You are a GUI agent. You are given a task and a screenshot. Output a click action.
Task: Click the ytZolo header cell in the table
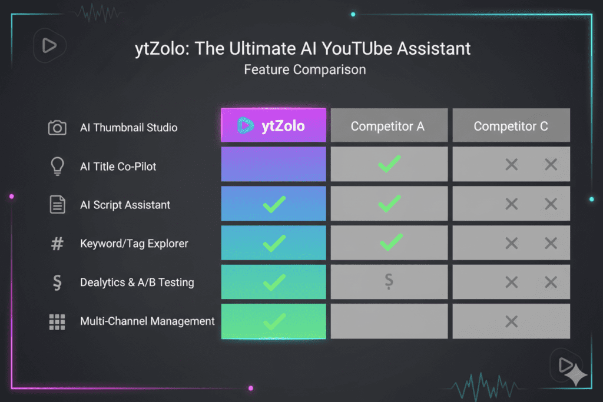coord(273,125)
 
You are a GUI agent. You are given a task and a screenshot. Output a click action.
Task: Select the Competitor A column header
coord(387,126)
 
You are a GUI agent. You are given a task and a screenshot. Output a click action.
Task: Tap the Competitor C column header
coord(511,126)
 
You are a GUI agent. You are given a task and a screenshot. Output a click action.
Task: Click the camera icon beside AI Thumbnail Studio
coord(57,128)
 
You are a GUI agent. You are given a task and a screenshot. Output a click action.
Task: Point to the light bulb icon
coord(57,167)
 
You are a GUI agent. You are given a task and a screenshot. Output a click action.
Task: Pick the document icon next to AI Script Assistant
coord(57,205)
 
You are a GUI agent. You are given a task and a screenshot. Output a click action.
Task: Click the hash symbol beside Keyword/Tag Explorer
coord(57,244)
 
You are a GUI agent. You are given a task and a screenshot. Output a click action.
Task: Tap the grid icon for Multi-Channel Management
coord(57,321)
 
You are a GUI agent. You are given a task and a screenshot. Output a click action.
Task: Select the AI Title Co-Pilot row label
coord(118,167)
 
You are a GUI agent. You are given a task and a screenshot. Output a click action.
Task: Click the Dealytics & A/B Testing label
coord(137,283)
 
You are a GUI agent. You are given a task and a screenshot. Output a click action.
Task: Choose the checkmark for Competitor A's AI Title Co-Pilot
coord(389,164)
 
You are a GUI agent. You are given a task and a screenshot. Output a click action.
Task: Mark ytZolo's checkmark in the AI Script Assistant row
coord(274,204)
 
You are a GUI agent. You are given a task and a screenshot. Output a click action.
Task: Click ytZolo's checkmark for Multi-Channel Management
coord(274,321)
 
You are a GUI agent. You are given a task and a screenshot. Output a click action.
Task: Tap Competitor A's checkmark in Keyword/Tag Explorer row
coord(389,242)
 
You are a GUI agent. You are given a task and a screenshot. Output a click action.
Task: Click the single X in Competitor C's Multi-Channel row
coord(511,321)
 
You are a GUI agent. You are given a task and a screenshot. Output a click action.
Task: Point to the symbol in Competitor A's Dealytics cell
coord(389,282)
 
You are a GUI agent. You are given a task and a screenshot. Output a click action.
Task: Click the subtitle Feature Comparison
coord(304,69)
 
